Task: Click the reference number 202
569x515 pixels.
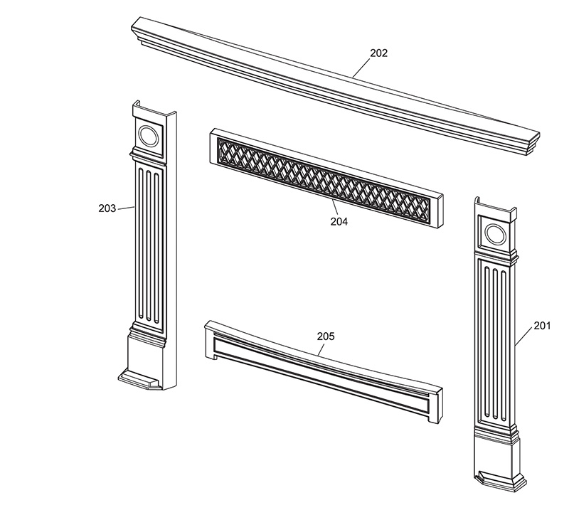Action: (x=378, y=53)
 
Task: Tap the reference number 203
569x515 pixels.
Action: (x=107, y=208)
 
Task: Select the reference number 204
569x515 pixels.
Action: (x=339, y=221)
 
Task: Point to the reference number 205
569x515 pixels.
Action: (x=326, y=336)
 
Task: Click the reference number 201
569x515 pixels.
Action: (x=542, y=326)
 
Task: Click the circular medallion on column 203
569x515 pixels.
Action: (x=148, y=136)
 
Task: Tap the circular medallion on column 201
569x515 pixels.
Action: (x=495, y=234)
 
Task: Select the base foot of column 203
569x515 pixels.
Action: (x=142, y=378)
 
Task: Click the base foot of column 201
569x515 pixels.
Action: (x=500, y=481)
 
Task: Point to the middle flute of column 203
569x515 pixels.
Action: (x=148, y=244)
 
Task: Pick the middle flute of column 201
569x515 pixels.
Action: (x=495, y=343)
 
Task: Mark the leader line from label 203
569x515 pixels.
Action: (x=126, y=208)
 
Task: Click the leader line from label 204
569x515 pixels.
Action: (x=335, y=208)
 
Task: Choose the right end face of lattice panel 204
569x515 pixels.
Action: (x=439, y=211)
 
